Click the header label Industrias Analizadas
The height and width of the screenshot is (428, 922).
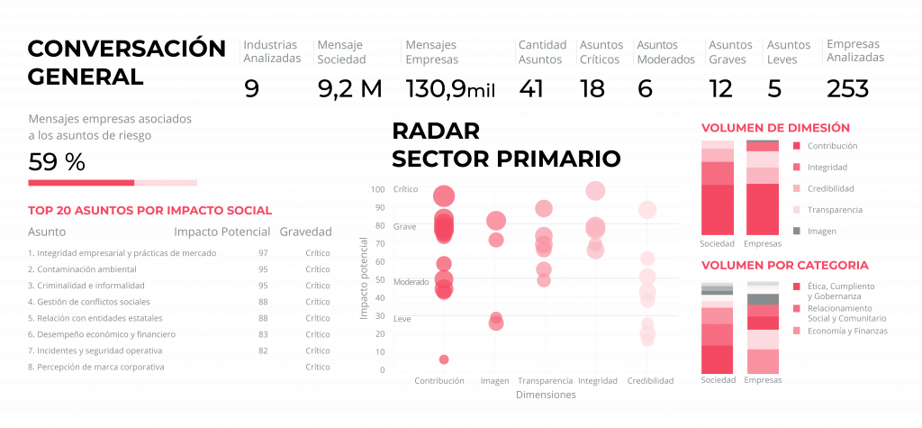coord(272,52)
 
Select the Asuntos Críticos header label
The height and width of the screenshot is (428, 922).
coord(601,52)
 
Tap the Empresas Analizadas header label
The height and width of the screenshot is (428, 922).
coord(854,50)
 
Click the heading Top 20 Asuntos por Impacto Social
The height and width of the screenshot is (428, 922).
coord(150,211)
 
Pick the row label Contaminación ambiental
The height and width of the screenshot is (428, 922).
coord(82,269)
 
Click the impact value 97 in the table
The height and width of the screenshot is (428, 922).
coord(263,253)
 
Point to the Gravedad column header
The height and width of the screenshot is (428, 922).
coord(305,232)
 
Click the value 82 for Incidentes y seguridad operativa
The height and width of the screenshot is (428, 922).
coord(263,351)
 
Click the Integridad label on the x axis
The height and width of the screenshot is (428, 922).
coord(596,381)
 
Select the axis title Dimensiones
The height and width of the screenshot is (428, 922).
coord(546,395)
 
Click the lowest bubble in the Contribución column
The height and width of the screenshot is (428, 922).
coord(444,360)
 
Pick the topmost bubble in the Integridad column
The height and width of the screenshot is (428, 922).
coord(595,190)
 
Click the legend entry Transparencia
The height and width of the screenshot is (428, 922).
coord(835,210)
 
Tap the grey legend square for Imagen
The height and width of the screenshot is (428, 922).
coord(796,232)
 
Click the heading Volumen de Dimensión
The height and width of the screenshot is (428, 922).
coord(775,128)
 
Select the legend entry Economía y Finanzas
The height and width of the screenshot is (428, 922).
coord(847,331)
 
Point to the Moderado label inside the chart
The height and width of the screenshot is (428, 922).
coord(411,282)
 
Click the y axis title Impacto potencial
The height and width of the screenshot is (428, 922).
coord(364,278)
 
